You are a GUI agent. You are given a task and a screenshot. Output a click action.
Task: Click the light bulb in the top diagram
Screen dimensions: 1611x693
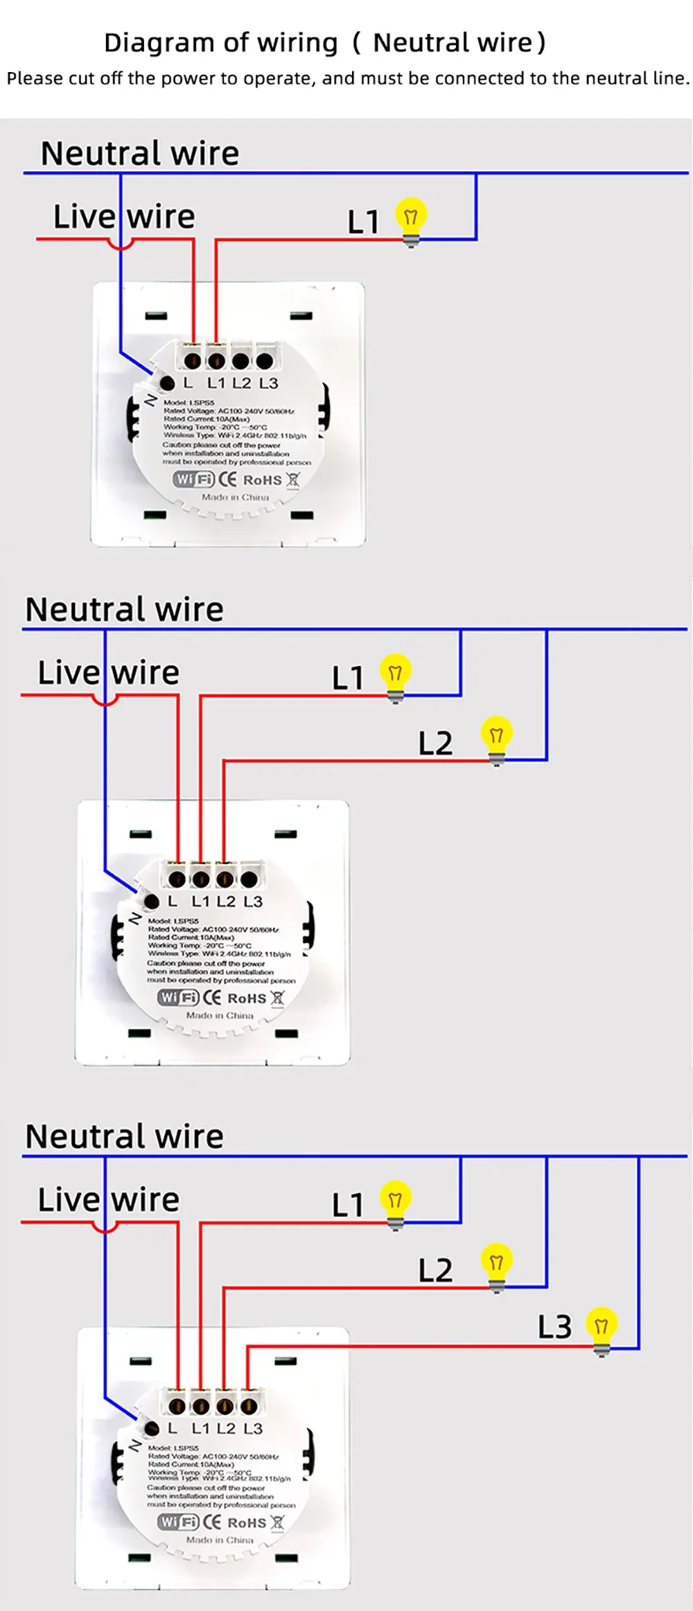(411, 220)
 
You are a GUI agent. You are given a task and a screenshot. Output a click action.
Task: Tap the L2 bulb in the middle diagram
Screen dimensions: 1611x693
(496, 739)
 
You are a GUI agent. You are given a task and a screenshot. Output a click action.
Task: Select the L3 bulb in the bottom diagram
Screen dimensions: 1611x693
(601, 1328)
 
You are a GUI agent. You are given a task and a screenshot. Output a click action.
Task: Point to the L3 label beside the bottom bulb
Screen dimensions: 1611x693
(554, 1327)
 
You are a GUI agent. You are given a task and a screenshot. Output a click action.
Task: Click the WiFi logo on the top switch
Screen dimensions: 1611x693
(193, 479)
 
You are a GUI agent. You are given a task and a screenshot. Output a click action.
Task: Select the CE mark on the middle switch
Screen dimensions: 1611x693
(211, 998)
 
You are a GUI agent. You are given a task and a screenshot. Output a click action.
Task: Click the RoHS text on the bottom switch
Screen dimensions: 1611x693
(247, 1523)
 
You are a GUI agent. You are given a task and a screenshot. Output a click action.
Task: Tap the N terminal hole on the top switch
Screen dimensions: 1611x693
(167, 382)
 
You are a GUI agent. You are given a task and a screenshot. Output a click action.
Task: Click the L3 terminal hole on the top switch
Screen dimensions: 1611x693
(264, 361)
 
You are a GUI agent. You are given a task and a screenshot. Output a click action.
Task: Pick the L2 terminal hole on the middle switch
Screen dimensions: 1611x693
(225, 879)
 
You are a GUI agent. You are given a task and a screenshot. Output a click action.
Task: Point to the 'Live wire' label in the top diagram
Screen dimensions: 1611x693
(124, 216)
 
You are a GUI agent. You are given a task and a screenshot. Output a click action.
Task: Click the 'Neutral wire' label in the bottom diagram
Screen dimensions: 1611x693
(124, 1137)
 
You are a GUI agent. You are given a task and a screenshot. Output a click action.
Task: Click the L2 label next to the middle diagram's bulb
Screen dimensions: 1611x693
(435, 743)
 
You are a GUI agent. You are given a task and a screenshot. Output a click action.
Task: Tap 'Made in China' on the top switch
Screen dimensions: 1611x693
(235, 497)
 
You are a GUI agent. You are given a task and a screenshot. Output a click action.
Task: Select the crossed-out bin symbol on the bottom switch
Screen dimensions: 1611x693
(277, 1522)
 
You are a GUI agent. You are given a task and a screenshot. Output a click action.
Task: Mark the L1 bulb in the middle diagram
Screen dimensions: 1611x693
(395, 676)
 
